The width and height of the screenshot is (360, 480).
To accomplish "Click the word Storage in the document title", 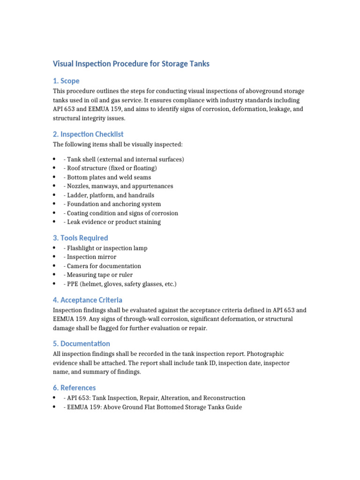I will (x=169, y=63).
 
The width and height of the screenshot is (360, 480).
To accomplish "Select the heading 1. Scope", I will (x=66, y=81).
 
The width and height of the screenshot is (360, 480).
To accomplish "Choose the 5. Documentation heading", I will (x=81, y=344).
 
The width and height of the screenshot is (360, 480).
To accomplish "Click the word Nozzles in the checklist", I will (x=78, y=186).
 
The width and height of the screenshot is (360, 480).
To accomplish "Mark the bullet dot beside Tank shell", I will (x=55, y=159).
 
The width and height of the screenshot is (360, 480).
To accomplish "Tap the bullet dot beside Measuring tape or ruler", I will (x=55, y=275).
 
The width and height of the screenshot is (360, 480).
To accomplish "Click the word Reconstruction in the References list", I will (x=222, y=398).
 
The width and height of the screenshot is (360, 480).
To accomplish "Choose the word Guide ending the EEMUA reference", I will (x=233, y=407).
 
